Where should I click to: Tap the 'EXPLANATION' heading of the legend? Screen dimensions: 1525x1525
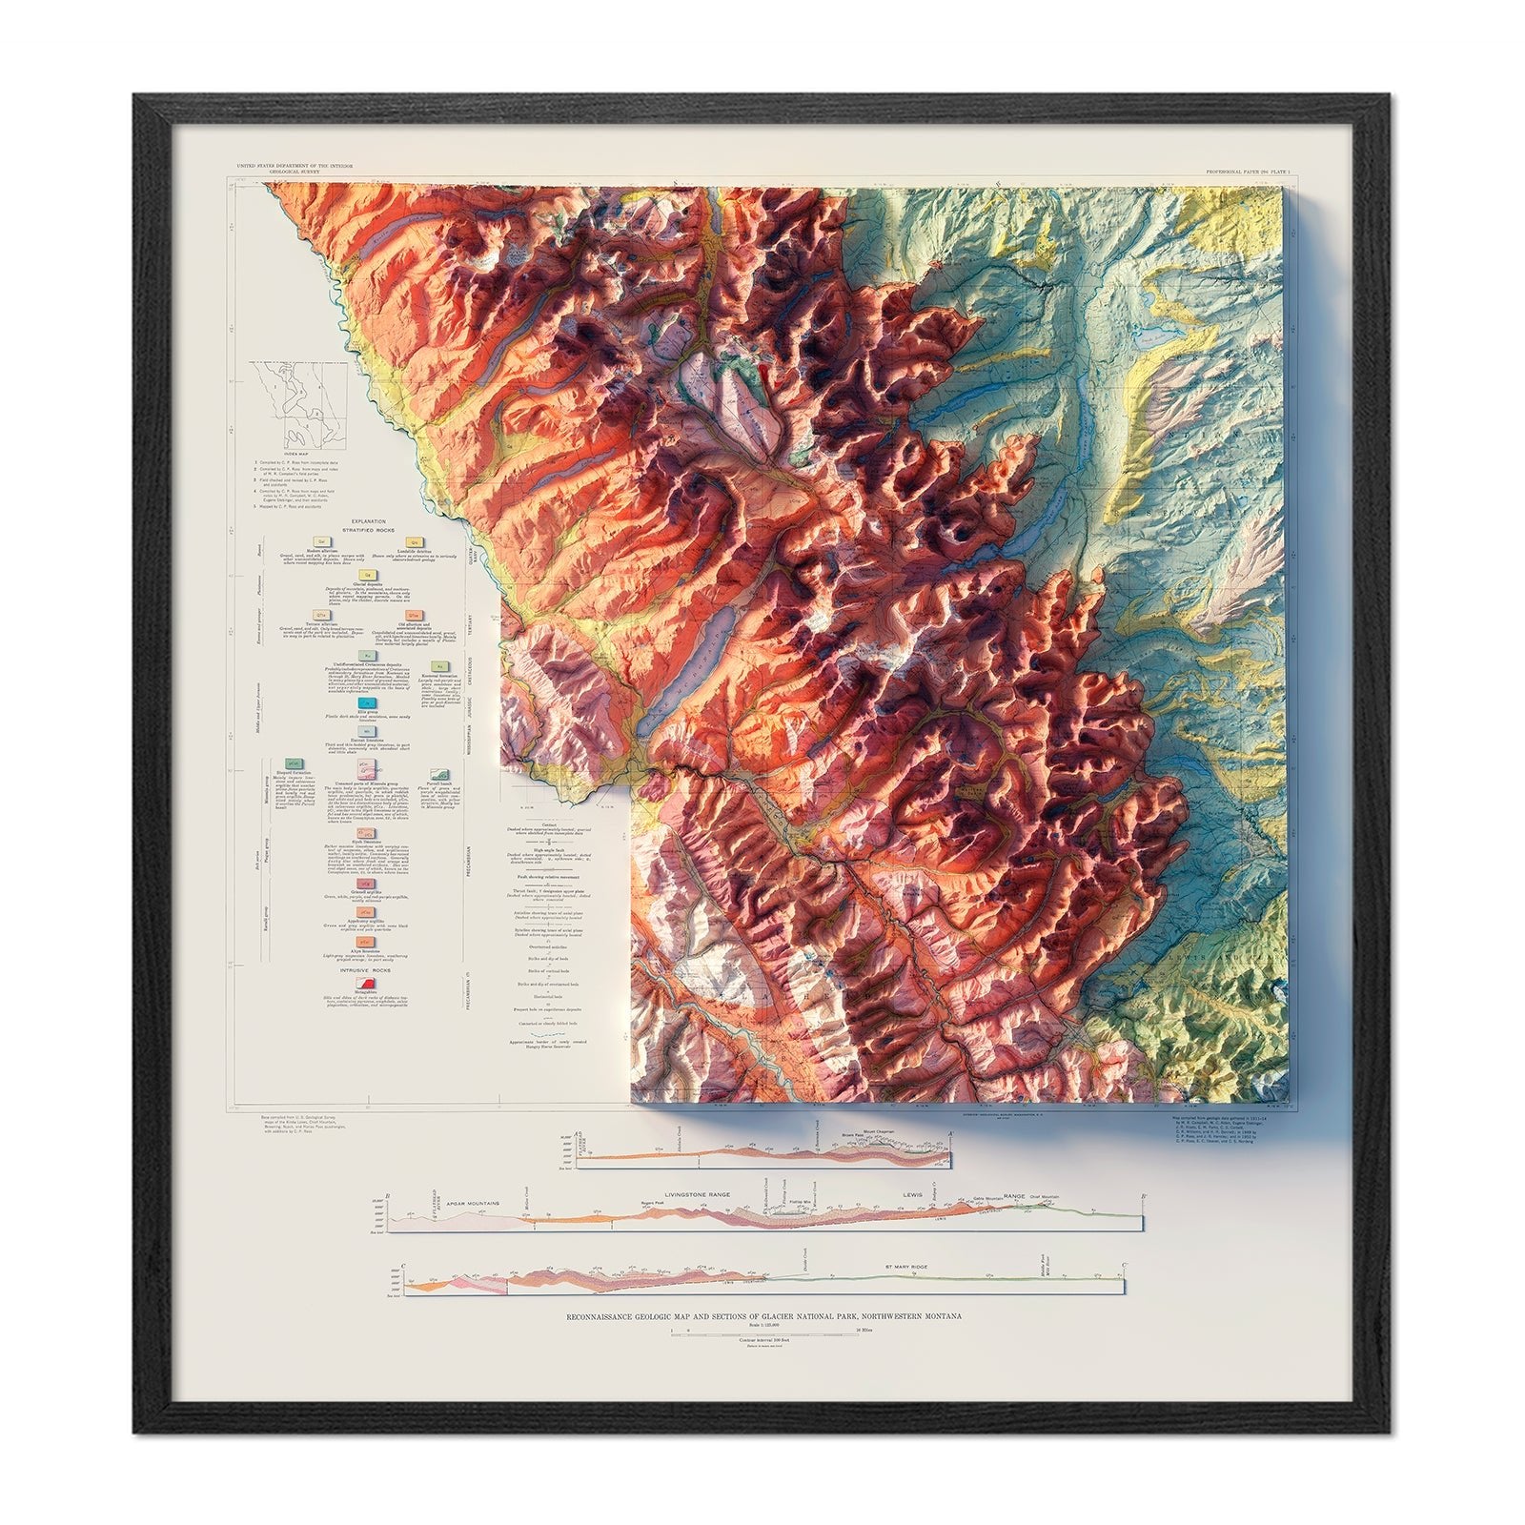368,521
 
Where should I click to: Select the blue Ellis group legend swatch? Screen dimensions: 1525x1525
366,701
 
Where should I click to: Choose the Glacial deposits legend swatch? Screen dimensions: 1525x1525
367,576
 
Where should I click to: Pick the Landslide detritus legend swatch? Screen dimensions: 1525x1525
416,540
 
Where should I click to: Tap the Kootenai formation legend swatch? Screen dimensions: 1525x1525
439,667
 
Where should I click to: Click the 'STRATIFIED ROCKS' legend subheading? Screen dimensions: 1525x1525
368,531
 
